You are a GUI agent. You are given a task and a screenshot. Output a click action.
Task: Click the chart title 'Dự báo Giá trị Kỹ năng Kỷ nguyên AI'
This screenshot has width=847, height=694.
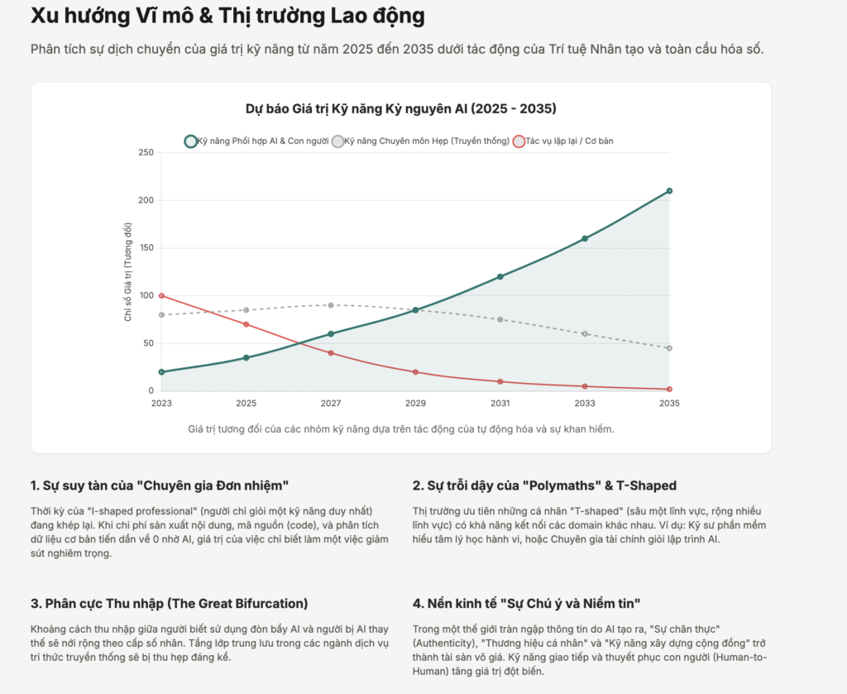400,109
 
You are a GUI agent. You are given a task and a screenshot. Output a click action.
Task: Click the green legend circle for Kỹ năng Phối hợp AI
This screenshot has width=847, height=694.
191,141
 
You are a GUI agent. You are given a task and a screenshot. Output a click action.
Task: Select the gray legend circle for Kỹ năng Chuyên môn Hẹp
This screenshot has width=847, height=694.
337,141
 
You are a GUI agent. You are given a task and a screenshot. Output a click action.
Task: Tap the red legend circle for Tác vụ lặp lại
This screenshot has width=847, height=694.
519,141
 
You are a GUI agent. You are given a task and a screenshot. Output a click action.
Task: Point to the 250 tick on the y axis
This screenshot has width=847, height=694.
146,152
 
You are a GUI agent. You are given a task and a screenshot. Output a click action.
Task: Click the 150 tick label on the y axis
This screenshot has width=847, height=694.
146,248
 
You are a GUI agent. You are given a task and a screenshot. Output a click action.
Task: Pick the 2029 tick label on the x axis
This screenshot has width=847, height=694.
415,404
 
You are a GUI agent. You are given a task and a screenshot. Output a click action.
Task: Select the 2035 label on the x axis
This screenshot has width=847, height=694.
668,404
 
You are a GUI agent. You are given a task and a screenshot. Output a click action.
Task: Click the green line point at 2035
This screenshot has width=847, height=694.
669,191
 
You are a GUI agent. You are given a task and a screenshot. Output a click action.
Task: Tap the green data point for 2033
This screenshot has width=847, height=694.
585,238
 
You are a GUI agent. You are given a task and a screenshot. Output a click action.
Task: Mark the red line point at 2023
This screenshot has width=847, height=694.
161,295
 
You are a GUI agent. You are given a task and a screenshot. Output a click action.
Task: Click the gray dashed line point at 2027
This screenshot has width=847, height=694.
331,305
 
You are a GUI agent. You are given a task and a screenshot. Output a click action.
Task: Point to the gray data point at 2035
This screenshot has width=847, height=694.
669,348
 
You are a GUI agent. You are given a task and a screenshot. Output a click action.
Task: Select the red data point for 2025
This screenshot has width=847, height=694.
246,324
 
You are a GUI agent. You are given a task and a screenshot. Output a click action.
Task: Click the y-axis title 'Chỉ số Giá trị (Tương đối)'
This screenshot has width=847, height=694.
128,271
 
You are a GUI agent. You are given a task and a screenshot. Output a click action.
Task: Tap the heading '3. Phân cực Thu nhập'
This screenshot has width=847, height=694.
169,603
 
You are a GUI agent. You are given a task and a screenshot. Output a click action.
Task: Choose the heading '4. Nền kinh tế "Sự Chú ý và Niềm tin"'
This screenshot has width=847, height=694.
528,603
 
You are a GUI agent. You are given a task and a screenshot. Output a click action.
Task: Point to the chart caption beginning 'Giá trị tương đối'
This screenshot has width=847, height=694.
400,428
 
